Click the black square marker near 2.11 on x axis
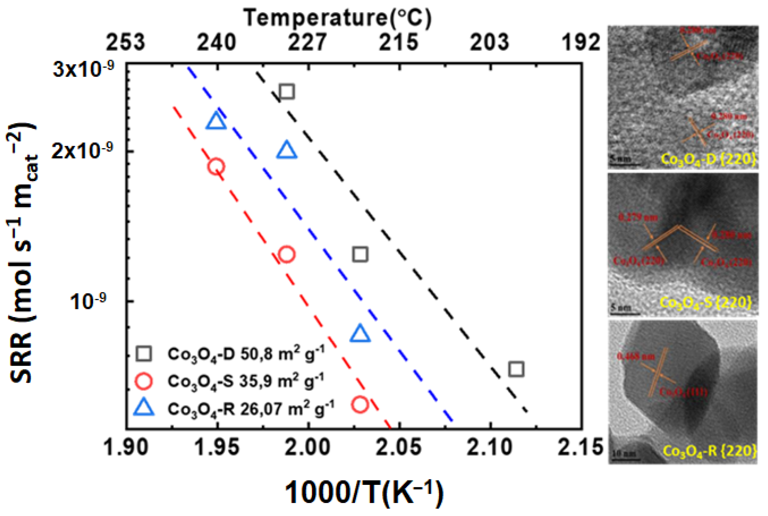click(516, 369)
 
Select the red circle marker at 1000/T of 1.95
click(216, 167)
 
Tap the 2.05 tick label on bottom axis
click(399, 448)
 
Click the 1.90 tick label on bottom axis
click(126, 448)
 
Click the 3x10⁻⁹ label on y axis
click(83, 69)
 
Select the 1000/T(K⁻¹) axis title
click(364, 493)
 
